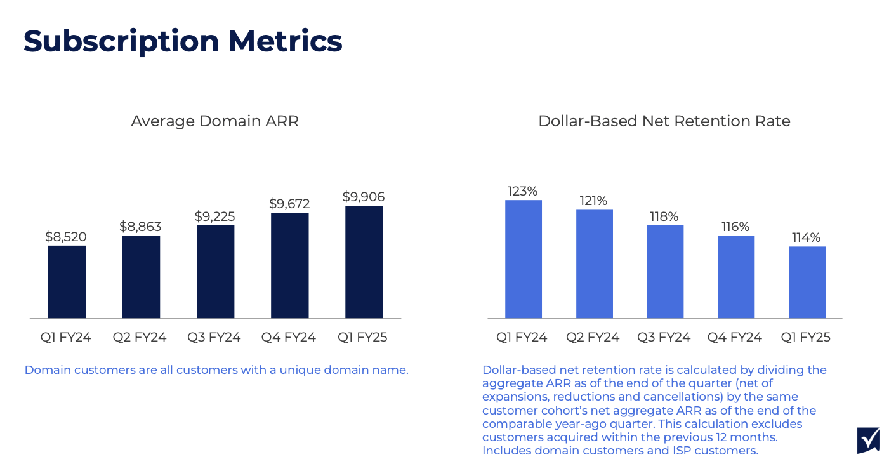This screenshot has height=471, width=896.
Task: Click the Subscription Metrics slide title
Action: point(183,41)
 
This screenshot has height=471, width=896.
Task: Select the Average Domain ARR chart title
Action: point(214,121)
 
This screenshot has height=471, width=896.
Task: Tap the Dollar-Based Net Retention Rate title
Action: point(664,121)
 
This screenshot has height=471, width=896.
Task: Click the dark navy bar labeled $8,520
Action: point(67,282)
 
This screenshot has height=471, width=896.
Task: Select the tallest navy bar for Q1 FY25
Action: point(364,262)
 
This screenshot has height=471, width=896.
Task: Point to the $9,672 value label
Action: point(289,204)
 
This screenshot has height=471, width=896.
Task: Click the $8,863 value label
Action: point(140,227)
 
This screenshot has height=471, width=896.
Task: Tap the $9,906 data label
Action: point(364,197)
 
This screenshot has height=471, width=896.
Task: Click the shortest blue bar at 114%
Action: point(807,282)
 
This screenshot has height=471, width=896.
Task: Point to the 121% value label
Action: point(594,201)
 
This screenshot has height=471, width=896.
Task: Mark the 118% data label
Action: point(664,216)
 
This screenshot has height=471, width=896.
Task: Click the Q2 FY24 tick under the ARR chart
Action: point(140,338)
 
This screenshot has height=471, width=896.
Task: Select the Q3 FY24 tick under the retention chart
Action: point(664,338)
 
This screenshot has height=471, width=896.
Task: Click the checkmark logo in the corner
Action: point(867,440)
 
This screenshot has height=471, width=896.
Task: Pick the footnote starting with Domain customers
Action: point(216,370)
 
